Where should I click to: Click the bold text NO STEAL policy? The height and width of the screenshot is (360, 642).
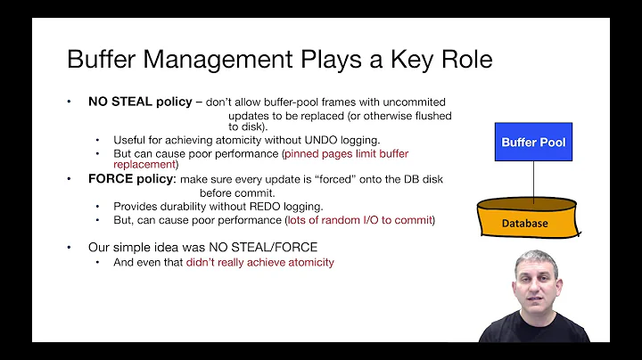click(x=140, y=102)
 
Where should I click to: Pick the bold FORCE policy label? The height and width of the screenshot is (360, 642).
click(x=131, y=178)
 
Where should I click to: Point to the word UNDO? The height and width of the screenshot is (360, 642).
click(x=341, y=140)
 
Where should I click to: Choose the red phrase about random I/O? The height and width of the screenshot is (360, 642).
click(x=359, y=219)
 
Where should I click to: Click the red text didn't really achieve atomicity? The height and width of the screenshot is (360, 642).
click(x=260, y=262)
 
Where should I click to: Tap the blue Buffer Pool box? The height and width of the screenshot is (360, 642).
click(x=533, y=143)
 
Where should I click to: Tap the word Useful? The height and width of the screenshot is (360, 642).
click(x=130, y=140)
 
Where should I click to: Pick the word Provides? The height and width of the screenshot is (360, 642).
click(x=135, y=206)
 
